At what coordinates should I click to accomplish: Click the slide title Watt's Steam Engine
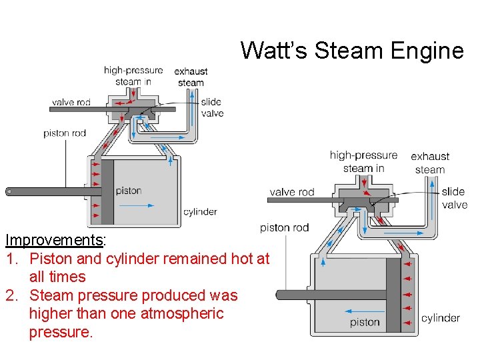351,50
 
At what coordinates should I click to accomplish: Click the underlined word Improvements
54,239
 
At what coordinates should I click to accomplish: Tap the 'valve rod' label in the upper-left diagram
71,103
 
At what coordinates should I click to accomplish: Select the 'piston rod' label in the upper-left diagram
65,133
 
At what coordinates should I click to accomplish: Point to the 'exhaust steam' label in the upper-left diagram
191,77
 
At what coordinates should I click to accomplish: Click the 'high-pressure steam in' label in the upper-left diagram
133,76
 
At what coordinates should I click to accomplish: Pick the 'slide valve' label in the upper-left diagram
212,107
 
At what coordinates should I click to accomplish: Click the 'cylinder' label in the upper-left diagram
200,212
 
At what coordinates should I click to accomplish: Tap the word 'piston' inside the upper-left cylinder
129,191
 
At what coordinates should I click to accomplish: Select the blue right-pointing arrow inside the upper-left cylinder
137,205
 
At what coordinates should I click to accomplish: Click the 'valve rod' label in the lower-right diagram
292,192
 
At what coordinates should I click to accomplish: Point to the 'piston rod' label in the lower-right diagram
285,227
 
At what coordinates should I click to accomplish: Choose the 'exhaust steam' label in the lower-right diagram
430,163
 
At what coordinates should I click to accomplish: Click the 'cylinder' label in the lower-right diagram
441,318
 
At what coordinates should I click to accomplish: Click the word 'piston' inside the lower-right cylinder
365,323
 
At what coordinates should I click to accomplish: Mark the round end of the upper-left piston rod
9,192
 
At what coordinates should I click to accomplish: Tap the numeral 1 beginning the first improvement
9,258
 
